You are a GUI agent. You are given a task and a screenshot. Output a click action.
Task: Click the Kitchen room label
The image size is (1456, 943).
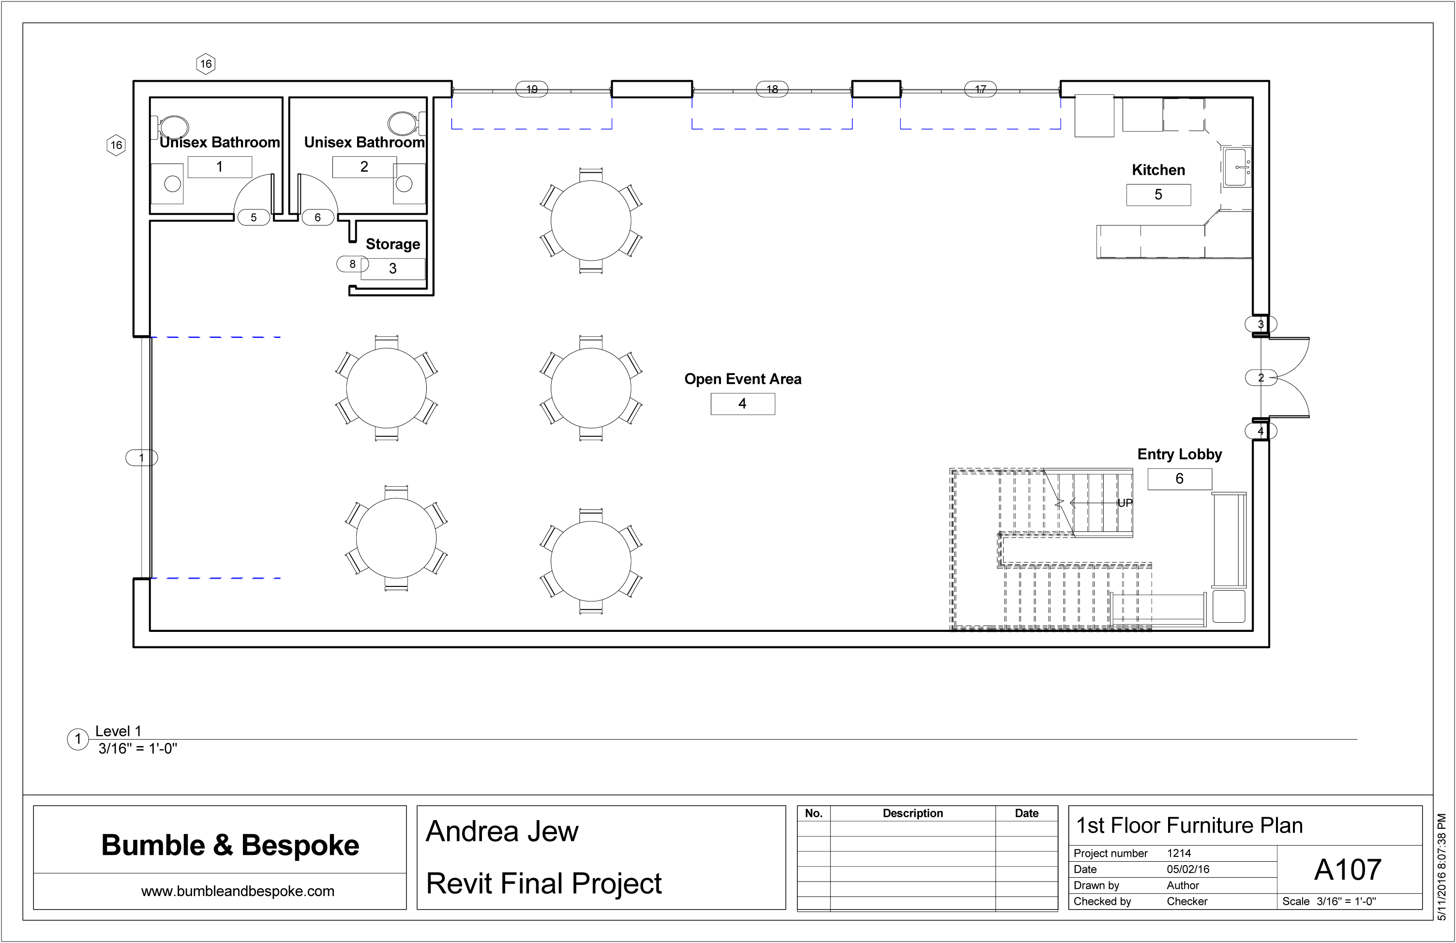point(1158,170)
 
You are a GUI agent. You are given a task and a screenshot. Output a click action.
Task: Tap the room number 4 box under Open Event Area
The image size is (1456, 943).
point(743,404)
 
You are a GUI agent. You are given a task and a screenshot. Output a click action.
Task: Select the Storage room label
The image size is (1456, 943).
point(393,244)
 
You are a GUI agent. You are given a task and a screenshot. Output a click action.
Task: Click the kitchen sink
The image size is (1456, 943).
point(1237,166)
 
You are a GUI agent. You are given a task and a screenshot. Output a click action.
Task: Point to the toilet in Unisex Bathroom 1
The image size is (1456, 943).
point(173,127)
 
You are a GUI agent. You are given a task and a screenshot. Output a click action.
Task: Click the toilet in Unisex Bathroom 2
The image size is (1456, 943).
point(405,123)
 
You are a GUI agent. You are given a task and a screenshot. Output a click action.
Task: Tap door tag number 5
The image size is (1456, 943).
point(253,217)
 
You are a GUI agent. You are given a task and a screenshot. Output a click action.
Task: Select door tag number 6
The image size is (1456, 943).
point(317,217)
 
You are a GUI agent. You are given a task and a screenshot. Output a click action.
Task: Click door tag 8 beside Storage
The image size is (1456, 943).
point(352,264)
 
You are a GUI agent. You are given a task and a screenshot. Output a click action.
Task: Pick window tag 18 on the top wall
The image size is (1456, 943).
point(772,90)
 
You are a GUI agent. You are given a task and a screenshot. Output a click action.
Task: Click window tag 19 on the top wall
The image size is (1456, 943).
point(532,90)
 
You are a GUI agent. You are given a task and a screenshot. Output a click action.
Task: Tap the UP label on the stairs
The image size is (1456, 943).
point(1125,503)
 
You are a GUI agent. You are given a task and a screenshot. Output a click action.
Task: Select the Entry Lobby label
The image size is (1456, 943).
point(1180,454)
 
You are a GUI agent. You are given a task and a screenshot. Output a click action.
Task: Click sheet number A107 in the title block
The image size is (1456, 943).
point(1348,869)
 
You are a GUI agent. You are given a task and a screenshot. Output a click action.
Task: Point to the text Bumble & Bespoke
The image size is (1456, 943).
point(230,845)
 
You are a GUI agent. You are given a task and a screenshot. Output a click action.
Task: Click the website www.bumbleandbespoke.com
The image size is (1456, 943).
point(238,891)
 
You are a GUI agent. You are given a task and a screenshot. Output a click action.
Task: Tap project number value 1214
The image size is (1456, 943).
point(1179,853)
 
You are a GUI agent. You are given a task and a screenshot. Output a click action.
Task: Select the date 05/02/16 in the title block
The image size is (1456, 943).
point(1188,869)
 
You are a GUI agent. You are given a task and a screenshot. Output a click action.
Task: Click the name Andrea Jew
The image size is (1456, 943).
point(502,831)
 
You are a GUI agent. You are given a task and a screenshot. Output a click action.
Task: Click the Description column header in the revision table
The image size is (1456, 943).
point(913,813)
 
